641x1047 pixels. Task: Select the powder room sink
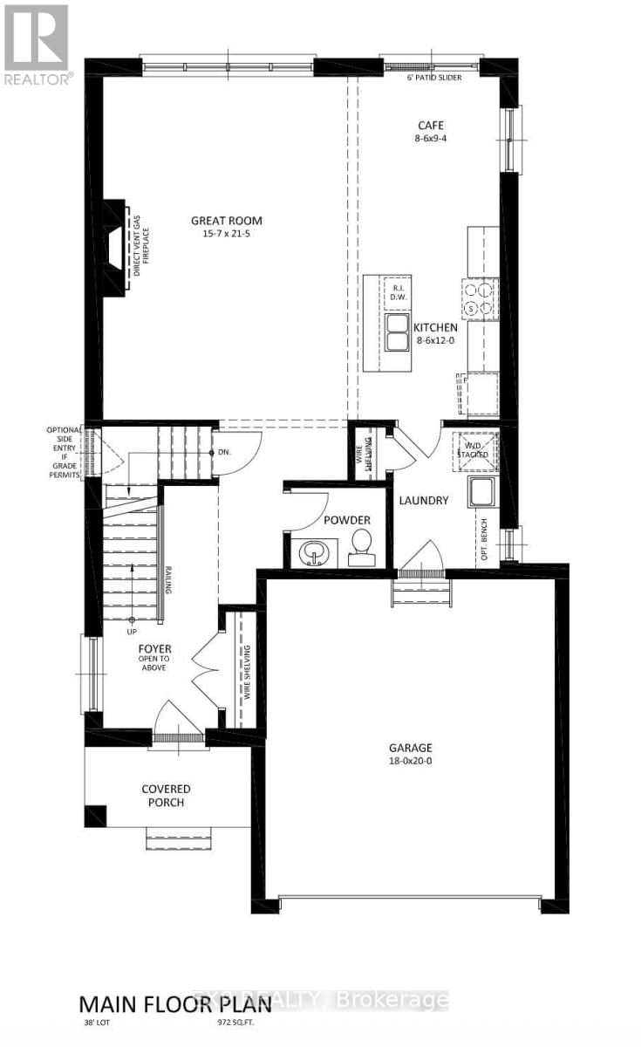click(x=311, y=551)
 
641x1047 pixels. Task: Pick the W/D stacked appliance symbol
click(x=475, y=451)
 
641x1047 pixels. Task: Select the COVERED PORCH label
click(x=166, y=796)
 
